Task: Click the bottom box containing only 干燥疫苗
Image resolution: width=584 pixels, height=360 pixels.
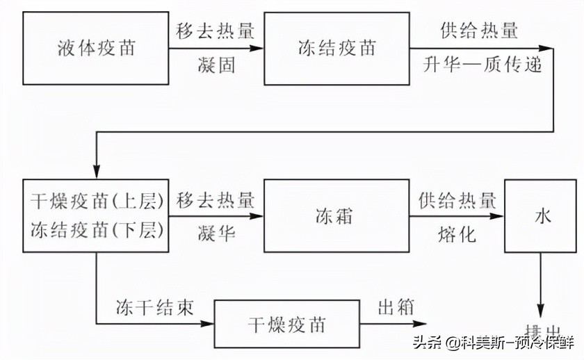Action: (x=286, y=325)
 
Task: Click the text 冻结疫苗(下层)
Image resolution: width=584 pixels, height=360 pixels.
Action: (x=97, y=231)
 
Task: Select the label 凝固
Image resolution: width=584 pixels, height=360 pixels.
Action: (x=216, y=67)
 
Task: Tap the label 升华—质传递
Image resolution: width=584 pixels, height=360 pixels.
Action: (x=479, y=66)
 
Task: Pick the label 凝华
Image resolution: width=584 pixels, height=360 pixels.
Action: (x=216, y=234)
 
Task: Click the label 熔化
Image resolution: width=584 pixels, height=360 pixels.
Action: (x=457, y=234)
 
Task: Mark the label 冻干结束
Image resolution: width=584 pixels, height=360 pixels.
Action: (x=154, y=307)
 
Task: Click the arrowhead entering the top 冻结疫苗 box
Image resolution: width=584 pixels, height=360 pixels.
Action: (x=259, y=49)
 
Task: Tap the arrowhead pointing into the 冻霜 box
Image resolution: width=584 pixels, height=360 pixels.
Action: (x=259, y=217)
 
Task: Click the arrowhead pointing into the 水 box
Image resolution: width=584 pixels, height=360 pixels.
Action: (x=498, y=217)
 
